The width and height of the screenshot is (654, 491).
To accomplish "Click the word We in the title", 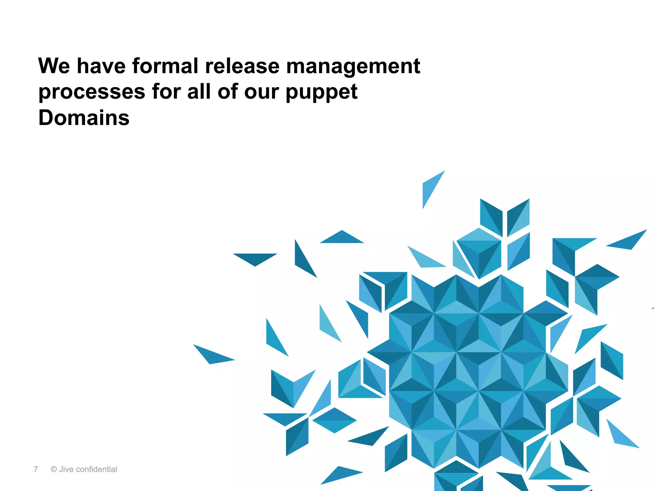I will (x=54, y=66).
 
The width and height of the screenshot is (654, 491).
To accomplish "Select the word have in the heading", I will (x=101, y=66).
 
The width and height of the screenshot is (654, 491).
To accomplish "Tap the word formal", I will (x=165, y=66).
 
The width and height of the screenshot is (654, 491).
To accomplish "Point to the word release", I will (x=242, y=66).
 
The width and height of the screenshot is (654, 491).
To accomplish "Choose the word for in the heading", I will (x=166, y=92).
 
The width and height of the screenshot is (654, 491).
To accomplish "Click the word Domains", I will (x=84, y=118).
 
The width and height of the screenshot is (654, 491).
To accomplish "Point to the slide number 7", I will (x=36, y=469).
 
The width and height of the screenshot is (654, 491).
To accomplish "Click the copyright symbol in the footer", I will (x=54, y=469).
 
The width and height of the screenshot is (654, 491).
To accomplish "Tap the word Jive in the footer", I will (x=66, y=469).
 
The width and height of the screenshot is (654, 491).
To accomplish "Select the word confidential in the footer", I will (x=96, y=469).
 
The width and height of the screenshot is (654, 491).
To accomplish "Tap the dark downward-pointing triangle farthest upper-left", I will (x=255, y=258).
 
